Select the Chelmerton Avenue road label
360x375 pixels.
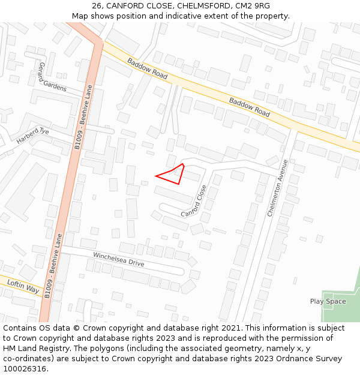[x=277, y=188]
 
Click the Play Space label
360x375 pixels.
[x=328, y=301]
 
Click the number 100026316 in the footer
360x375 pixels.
[x=23, y=369]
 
